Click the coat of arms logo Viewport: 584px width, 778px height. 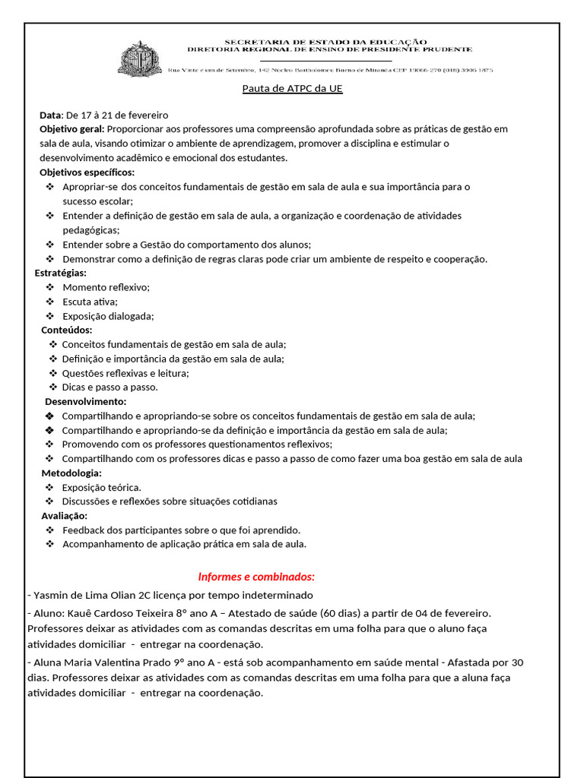141,59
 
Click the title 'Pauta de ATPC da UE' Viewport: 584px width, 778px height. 292,88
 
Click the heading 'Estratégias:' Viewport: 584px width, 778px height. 61,273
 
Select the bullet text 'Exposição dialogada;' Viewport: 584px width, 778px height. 108,316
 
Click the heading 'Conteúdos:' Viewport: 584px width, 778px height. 67,330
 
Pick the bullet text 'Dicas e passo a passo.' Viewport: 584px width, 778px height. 109,387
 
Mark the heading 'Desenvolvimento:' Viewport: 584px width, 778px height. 86,401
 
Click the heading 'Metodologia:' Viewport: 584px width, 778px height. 71,473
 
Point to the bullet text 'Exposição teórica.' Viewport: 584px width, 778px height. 101,488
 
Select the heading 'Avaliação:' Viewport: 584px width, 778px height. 65,516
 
